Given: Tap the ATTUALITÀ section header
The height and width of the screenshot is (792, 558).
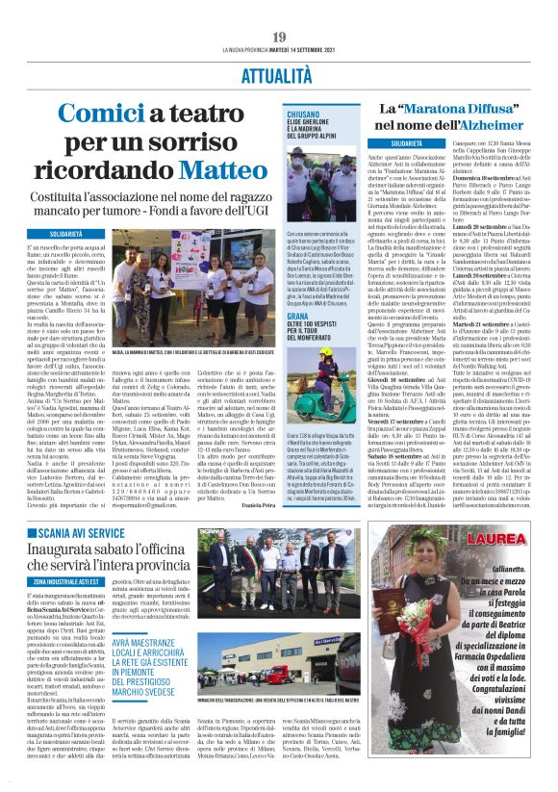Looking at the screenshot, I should pyautogui.click(x=278, y=72).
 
